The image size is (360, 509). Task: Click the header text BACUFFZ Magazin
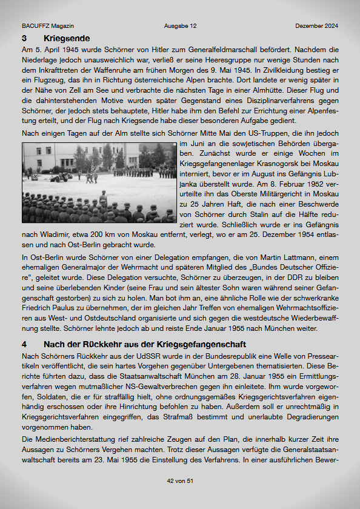(48, 26)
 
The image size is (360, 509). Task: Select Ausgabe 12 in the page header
(180, 26)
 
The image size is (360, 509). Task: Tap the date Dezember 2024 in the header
(317, 26)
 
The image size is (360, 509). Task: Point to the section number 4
(24, 343)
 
